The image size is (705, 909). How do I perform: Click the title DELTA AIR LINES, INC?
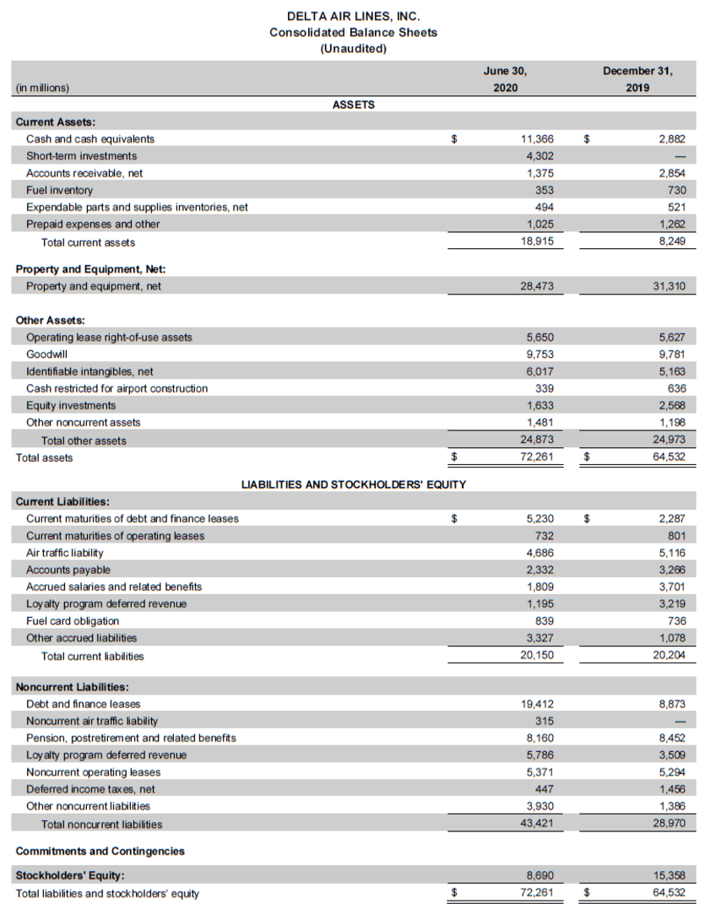point(353,16)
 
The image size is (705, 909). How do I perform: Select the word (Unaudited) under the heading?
point(353,48)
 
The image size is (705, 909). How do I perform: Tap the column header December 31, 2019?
point(637,78)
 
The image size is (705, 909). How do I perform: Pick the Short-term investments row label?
point(81,156)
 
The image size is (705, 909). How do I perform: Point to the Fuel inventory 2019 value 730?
point(675,190)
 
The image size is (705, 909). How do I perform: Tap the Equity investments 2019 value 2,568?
point(671,406)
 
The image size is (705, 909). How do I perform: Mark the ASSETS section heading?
point(354,105)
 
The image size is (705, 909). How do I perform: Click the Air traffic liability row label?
point(64,553)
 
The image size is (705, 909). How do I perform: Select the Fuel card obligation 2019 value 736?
point(675,620)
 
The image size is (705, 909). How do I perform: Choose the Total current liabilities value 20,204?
point(670,655)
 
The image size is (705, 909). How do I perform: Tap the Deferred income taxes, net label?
point(90,789)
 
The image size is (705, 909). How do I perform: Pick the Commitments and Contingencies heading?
point(100,851)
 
